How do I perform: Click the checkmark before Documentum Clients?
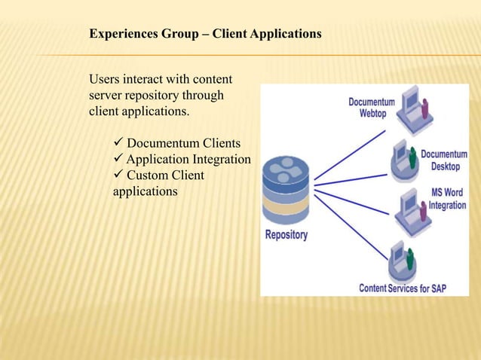tap(118, 143)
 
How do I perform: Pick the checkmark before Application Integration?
tap(118, 160)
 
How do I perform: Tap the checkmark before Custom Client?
tap(118, 175)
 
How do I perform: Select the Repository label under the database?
tap(286, 235)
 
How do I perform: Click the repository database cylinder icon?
tap(285, 188)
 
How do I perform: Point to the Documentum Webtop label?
tap(372, 107)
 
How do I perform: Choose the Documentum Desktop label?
tap(444, 160)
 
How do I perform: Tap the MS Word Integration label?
tap(448, 198)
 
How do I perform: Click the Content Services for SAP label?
tap(403, 288)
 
